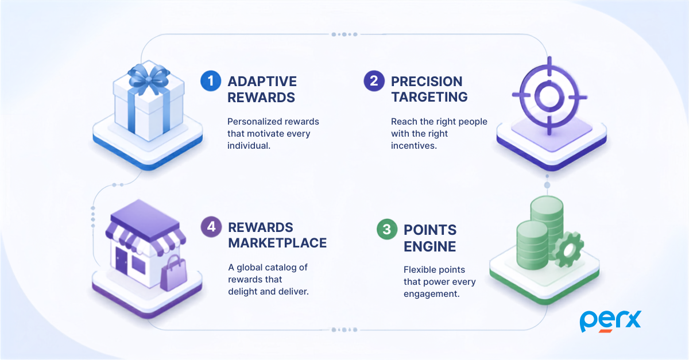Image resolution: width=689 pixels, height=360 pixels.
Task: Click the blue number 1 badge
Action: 211,81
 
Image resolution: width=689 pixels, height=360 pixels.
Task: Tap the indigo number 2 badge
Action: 374,81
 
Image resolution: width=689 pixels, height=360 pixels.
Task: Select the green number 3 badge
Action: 387,229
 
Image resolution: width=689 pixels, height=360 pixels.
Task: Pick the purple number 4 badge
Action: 211,227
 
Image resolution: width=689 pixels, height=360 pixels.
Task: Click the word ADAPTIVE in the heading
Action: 262,82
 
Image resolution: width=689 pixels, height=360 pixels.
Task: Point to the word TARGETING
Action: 429,97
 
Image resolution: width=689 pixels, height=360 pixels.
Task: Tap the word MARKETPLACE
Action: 277,243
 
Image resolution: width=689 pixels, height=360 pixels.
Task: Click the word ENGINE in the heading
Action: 429,246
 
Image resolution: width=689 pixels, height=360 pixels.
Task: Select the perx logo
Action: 610,322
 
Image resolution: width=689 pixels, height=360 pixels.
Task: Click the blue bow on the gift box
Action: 149,79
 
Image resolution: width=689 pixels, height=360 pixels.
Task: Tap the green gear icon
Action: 568,249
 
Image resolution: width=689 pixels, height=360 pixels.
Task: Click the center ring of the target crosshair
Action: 549,96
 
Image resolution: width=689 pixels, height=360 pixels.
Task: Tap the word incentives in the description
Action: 414,145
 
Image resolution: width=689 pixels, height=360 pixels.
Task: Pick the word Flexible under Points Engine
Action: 419,269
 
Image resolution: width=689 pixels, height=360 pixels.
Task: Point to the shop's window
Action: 138,265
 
